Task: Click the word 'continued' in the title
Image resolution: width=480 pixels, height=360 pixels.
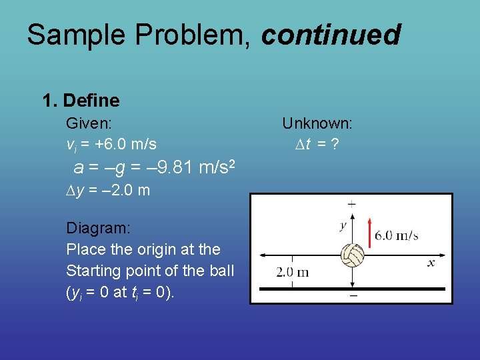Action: pos(331,35)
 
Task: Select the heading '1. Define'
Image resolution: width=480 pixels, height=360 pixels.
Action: pos(81,101)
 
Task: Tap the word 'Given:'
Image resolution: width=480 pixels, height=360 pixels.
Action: pos(89,123)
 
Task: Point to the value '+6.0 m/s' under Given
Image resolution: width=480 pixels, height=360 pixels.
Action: pos(126,143)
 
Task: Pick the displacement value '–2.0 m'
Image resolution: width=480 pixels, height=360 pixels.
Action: pos(121,191)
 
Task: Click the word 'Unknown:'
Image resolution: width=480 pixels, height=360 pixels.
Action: pos(317,123)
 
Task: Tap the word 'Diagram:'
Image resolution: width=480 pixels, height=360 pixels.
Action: pos(98,228)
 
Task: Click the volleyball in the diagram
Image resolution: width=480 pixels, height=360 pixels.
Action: pos(351,256)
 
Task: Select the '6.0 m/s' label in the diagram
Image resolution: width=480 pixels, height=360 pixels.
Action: pos(397,235)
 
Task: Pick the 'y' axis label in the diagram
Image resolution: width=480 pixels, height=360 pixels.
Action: pos(343,225)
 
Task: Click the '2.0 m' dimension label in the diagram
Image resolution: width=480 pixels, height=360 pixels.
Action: pos(293,272)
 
